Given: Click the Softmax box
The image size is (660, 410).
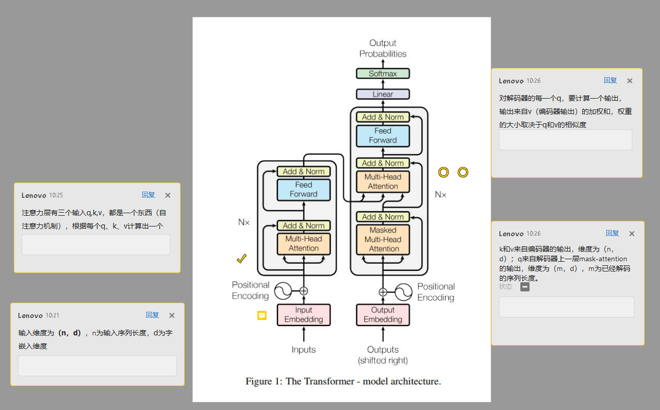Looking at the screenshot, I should pos(383,74).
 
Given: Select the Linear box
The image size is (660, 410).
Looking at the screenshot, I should pos(383,94).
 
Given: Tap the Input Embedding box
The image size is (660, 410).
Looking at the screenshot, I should pos(303,315).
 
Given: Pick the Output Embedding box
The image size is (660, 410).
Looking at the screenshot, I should pos(383,315).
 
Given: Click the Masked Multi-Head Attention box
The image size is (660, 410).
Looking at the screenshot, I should pos(383,239).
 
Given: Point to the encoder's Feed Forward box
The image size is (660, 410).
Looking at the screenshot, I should pos(303,190).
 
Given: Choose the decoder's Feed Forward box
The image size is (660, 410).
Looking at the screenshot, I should pos(383,135).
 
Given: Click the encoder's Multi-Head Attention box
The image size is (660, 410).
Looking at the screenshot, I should pos(303,243).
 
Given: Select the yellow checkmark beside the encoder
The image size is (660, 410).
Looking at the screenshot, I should pos(241,259).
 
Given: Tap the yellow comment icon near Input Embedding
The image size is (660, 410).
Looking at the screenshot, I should pos(262,315).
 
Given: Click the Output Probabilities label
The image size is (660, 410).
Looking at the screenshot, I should pos(383,49).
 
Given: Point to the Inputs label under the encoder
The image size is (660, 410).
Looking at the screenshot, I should pos(303,350).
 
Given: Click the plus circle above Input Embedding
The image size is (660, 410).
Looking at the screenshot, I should pos(303,291).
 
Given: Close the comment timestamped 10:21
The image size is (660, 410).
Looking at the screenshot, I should pos(172,315).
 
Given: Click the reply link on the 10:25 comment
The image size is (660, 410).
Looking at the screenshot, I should pos(148,195).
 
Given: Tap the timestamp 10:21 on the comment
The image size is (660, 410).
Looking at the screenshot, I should pos(52,315).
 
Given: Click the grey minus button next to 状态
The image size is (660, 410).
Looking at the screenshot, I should pos(525,287).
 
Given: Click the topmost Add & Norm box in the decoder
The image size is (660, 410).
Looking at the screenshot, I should pos(383,117).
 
